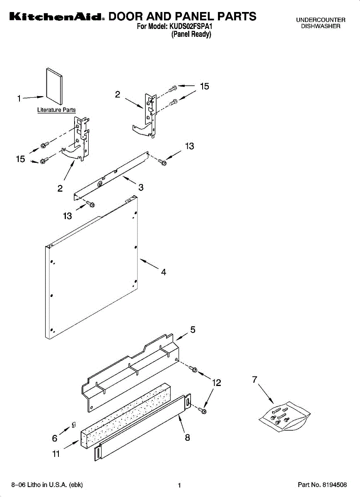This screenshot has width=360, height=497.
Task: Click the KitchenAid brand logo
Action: [x=56, y=17]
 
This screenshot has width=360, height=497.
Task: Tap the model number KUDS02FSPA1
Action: [x=192, y=27]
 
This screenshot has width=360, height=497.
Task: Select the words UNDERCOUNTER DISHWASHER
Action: [x=320, y=23]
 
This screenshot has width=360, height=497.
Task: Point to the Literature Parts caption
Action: [x=56, y=110]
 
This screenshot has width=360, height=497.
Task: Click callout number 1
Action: [x=19, y=99]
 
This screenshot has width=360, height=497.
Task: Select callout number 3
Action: [x=141, y=188]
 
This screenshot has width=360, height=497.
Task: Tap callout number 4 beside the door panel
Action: [x=164, y=272]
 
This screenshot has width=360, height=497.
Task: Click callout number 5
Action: [x=193, y=330]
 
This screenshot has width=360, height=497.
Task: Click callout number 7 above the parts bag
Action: [x=255, y=379]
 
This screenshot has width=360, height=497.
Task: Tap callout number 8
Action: [x=187, y=437]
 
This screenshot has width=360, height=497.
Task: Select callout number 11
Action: [x=56, y=454]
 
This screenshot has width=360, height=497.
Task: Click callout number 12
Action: [x=216, y=383]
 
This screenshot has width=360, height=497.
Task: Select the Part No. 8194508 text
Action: [x=322, y=485]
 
